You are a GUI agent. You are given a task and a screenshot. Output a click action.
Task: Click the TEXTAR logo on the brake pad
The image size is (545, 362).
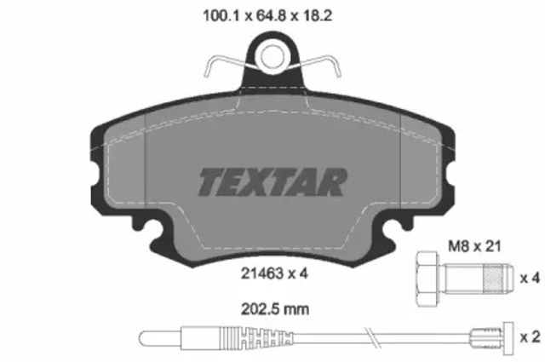(272, 181)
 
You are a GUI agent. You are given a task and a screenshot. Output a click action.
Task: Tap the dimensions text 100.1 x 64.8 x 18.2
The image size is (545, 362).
(272, 14)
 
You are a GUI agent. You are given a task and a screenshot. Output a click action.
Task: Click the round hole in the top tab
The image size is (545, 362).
(272, 57)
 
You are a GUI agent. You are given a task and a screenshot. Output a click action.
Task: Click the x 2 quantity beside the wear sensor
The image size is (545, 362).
(529, 336)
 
